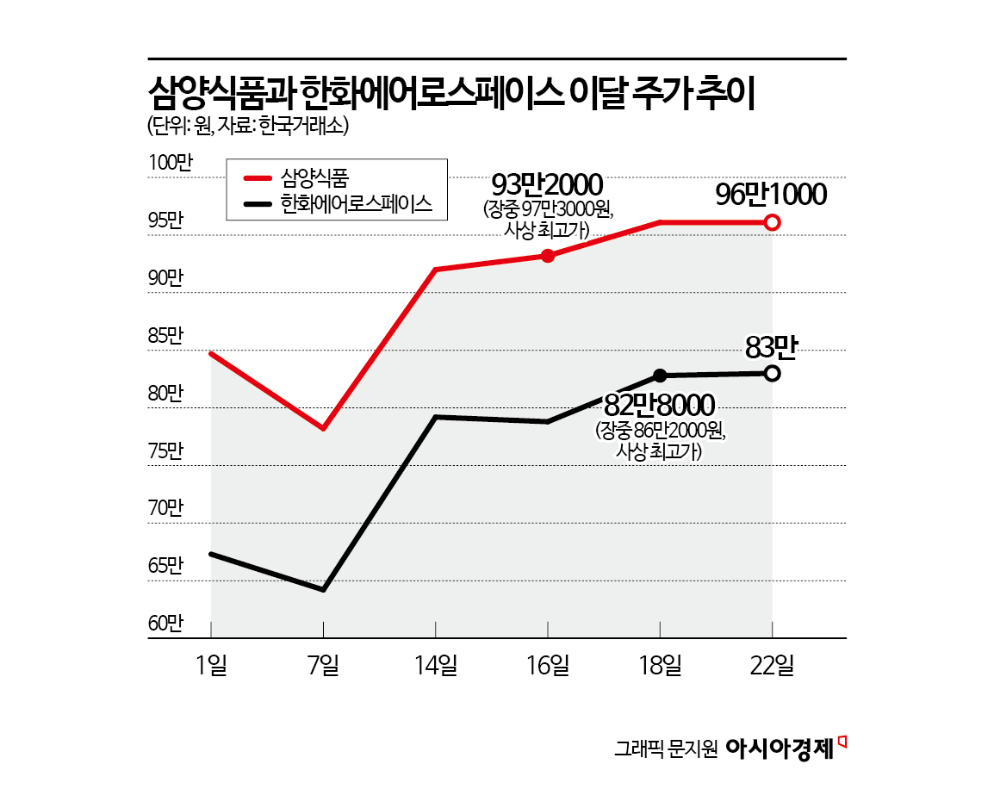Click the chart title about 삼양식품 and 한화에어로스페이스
coord(451,94)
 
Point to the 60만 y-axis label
coord(166,623)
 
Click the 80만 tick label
coord(166,393)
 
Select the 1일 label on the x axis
coord(211,665)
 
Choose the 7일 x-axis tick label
coord(323,665)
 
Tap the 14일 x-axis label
coord(436,665)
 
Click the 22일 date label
coord(772,665)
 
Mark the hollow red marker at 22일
coord(773,223)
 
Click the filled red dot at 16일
coord(548,256)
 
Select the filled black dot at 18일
coord(660,376)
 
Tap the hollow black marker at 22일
coord(773,374)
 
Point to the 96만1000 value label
coord(771,195)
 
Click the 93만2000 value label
coord(547,183)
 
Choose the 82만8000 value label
coord(660,404)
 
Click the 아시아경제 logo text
coord(780,748)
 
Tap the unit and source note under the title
coord(248,126)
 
